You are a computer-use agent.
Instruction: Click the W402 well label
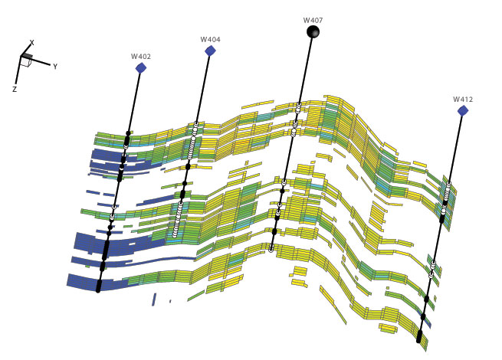tap(140, 57)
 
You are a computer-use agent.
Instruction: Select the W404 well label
tap(210, 39)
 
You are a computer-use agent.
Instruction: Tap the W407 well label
tap(313, 20)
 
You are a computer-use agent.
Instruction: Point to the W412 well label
tap(463, 100)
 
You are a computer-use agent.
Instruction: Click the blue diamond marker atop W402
tap(141, 68)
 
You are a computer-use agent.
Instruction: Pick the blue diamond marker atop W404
tap(210, 51)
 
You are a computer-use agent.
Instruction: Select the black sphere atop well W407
tap(313, 31)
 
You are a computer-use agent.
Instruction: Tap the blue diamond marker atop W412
tap(463, 111)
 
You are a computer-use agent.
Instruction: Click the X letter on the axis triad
tap(31, 43)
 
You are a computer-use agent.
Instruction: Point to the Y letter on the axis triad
tap(55, 67)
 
